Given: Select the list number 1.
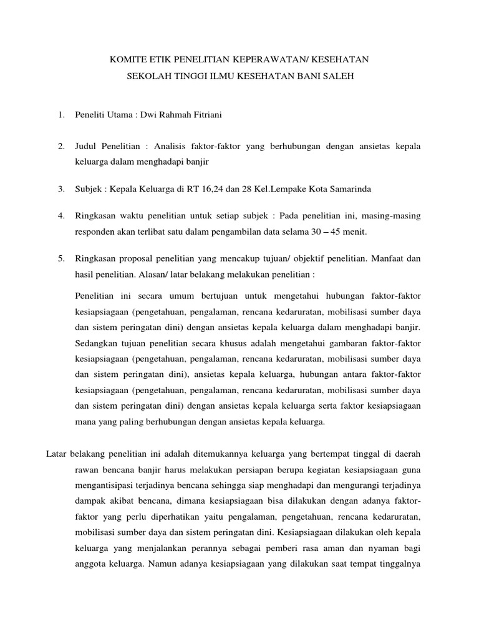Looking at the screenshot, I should pyautogui.click(x=60, y=115).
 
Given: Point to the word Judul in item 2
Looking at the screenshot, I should pyautogui.click(x=87, y=147).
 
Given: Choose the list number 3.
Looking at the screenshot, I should pyautogui.click(x=60, y=189).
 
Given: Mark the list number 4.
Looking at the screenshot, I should pyautogui.click(x=60, y=216).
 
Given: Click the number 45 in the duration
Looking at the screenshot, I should pyautogui.click(x=333, y=232).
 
